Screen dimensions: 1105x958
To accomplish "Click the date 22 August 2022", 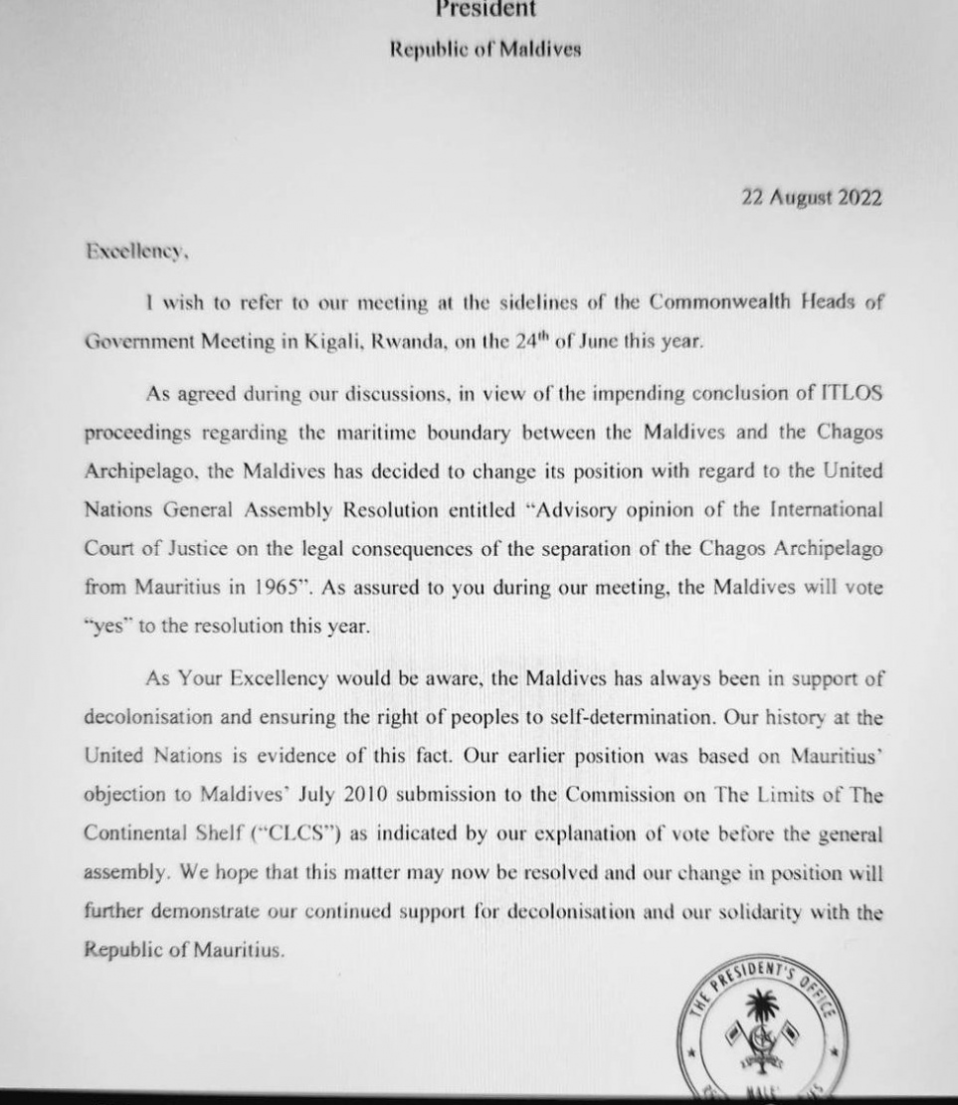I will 811,197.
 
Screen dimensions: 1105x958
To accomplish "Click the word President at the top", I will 485,10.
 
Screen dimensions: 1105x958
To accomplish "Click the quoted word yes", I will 107,626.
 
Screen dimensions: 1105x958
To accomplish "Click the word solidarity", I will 764,912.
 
